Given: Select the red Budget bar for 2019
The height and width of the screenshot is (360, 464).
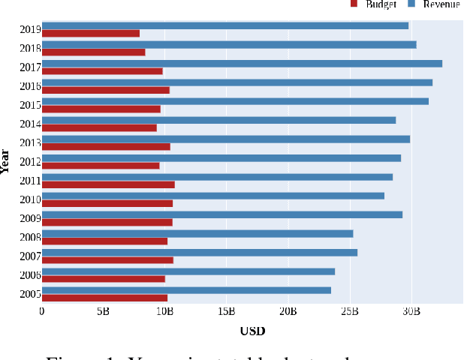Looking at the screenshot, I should tap(90, 34).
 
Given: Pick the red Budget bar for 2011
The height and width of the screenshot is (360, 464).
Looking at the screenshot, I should tap(108, 184).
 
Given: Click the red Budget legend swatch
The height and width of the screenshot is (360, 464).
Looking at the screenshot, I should tap(354, 4).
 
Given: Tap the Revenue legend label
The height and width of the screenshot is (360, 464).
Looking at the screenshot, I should tap(441, 4).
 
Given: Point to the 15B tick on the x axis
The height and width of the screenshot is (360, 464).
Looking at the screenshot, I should tap(227, 310).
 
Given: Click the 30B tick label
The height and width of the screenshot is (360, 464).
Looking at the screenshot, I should tap(411, 310).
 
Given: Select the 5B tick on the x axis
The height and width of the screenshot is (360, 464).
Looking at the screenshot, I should tap(103, 310).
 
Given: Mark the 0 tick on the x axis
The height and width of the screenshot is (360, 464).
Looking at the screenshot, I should tap(42, 310).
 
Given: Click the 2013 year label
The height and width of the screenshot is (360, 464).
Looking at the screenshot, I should tap(30, 142).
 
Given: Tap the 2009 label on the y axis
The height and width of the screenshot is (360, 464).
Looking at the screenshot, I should tap(30, 218).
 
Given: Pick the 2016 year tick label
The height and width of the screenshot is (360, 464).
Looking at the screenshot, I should tap(30, 86).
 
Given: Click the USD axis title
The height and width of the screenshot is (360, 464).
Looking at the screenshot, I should tap(252, 331).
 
